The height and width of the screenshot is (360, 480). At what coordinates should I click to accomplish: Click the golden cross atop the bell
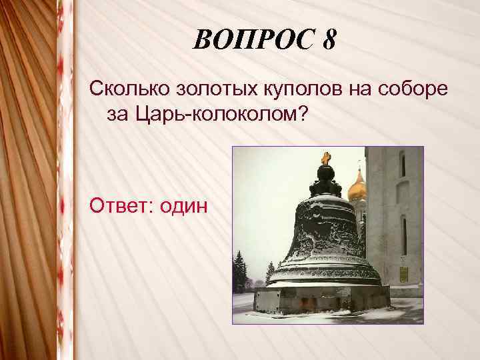[325, 158]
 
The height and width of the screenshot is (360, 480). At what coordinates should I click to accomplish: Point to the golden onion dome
[357, 187]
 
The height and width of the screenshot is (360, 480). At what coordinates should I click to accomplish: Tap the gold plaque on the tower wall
[403, 274]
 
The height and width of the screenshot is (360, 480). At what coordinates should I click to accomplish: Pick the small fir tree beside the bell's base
[270, 272]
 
